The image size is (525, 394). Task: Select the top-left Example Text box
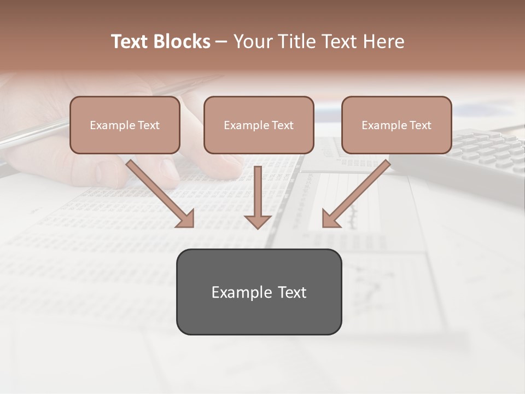(125, 125)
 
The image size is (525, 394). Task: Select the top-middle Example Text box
(259, 125)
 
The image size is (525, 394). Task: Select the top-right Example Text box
(396, 125)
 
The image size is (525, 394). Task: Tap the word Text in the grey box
(291, 292)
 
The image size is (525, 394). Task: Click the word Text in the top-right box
(421, 125)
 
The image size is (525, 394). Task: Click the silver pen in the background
(33, 131)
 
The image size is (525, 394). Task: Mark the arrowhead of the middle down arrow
(258, 221)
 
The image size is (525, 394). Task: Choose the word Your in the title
(253, 42)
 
